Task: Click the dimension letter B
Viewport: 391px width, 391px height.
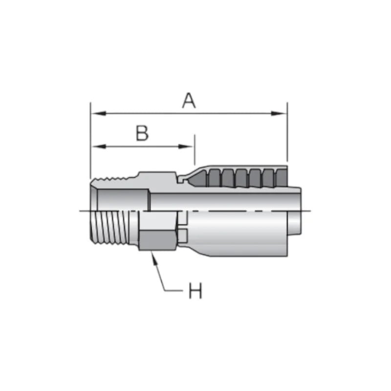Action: tap(142, 133)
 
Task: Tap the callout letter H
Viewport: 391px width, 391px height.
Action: tap(195, 292)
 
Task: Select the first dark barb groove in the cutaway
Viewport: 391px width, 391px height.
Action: tap(214, 178)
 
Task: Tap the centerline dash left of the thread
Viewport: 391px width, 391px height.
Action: tap(84, 211)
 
